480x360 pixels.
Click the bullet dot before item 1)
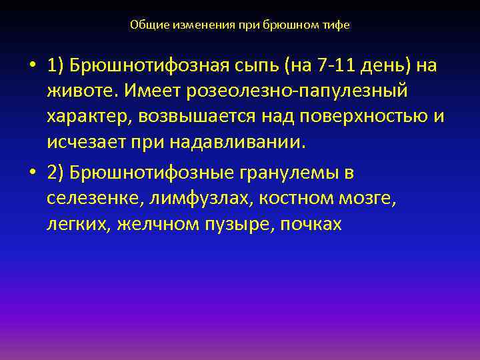coord(32,67)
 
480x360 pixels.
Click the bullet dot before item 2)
coord(32,173)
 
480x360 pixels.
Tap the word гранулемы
coord(287,173)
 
